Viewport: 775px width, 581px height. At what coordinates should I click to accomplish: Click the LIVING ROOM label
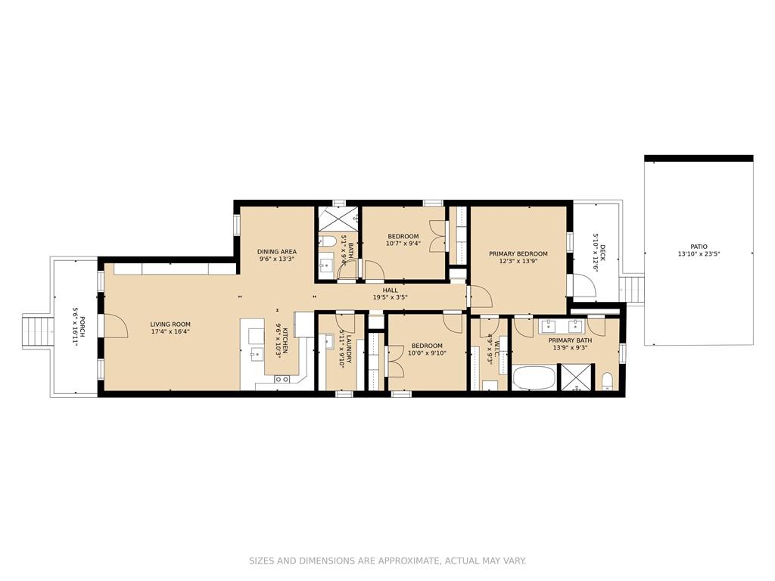tap(170, 325)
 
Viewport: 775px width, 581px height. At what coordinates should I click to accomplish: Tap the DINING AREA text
tap(277, 251)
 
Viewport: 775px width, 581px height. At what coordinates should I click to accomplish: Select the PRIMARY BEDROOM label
tap(518, 254)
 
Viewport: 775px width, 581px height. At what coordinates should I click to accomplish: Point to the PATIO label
tap(699, 247)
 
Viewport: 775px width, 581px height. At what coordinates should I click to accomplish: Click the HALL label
tap(390, 290)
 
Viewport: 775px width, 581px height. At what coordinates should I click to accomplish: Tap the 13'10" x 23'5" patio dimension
tap(699, 254)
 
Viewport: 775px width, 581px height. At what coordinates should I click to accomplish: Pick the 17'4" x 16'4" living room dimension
tap(170, 332)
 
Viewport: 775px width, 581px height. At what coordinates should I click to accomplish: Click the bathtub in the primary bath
tap(534, 378)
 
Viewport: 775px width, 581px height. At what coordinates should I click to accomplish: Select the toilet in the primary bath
tap(608, 382)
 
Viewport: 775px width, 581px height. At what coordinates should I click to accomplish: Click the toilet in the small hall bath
tap(328, 241)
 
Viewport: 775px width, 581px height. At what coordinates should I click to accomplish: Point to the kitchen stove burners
tap(282, 379)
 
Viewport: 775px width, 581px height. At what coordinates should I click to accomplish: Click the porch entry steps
tap(38, 331)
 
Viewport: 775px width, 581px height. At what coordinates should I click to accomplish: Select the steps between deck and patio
tap(633, 290)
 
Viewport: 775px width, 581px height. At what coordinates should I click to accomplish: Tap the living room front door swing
tap(116, 326)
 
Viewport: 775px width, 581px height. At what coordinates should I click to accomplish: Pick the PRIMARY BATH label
tap(570, 340)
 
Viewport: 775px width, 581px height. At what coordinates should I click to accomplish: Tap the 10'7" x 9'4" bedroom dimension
tap(403, 244)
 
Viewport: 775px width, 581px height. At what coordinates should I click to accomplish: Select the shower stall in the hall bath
tap(338, 219)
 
